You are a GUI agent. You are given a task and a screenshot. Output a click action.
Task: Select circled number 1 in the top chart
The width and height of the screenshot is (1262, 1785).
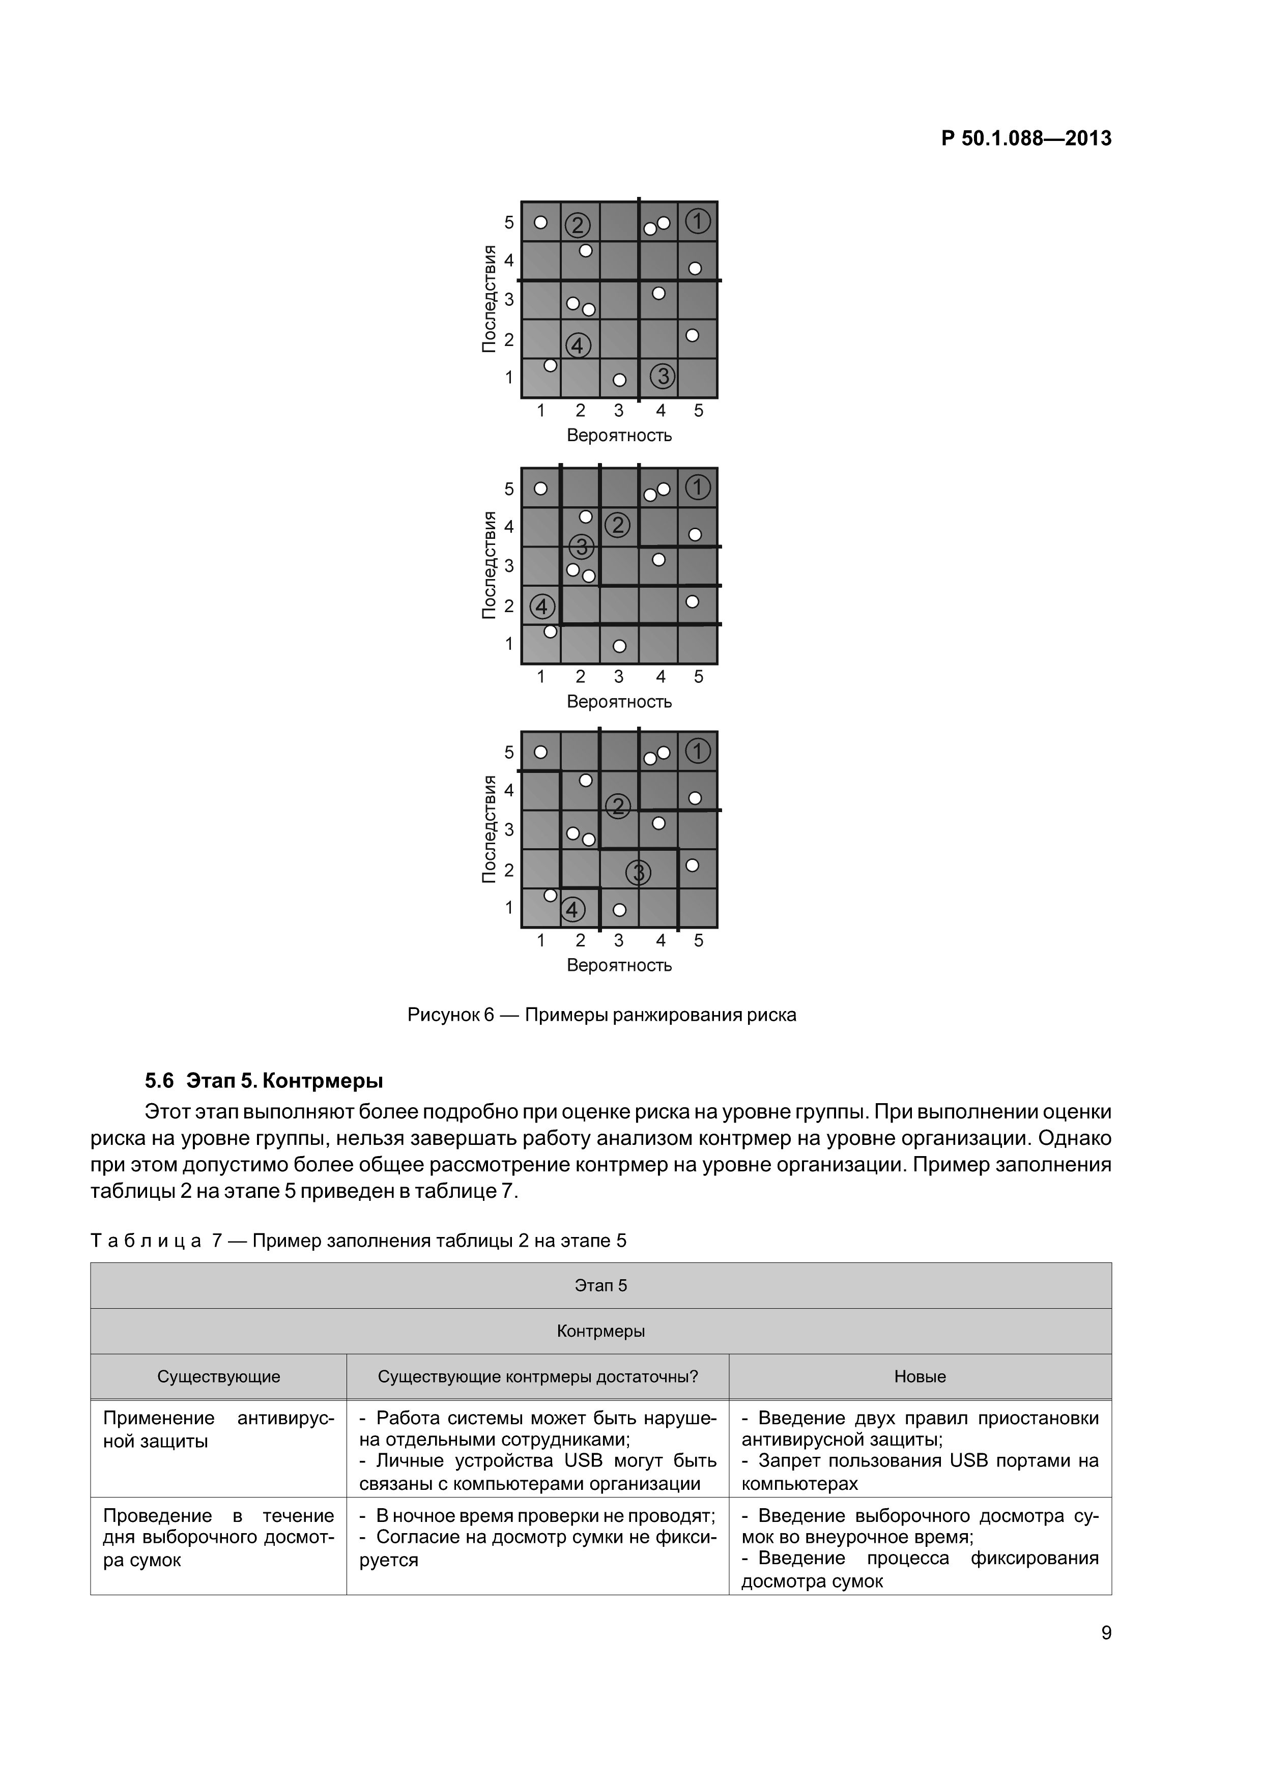pyautogui.click(x=698, y=221)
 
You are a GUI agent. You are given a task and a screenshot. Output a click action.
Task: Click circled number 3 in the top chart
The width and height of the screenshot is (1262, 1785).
pyautogui.click(x=663, y=376)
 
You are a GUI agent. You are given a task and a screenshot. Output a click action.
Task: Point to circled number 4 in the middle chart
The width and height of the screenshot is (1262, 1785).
pyautogui.click(x=542, y=606)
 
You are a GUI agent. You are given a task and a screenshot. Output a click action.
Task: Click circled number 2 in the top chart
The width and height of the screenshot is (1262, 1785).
pyautogui.click(x=577, y=225)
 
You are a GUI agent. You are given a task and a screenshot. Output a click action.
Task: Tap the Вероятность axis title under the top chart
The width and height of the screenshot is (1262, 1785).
pyautogui.click(x=619, y=436)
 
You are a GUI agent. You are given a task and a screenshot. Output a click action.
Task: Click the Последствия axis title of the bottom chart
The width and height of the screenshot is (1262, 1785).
pyautogui.click(x=489, y=829)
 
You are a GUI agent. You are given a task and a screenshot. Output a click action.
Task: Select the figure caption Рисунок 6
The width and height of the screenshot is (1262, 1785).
pyautogui.click(x=601, y=1015)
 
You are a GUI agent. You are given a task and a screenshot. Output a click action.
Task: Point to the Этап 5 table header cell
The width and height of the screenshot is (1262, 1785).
pyautogui.click(x=600, y=1285)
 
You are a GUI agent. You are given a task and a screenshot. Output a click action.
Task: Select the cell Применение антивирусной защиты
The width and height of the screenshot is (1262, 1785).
pyautogui.click(x=218, y=1429)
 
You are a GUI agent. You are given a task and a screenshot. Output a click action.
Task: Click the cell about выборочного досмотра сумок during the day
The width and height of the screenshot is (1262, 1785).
pyautogui.click(x=218, y=1537)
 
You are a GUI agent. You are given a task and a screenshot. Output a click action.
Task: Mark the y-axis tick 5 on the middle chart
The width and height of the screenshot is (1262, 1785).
pyautogui.click(x=509, y=489)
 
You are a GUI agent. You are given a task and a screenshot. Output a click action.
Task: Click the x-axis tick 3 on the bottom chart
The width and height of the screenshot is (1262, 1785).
pyautogui.click(x=619, y=941)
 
